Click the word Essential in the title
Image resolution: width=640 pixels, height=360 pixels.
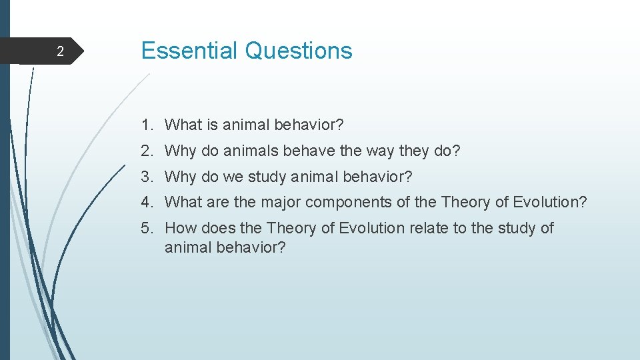pos(189,51)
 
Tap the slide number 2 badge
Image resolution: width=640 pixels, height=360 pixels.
pos(60,51)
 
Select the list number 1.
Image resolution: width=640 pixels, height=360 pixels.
pos(146,125)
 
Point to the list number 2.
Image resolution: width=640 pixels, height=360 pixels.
pos(146,151)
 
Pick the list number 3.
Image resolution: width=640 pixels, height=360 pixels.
pos(146,177)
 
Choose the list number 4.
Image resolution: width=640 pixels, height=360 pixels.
pos(146,202)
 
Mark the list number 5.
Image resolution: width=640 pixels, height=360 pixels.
pos(146,228)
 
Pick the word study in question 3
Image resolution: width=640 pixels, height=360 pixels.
pos(268,177)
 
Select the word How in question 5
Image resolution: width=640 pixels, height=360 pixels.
pos(179,228)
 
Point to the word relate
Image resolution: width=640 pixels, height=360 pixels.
pos(429,228)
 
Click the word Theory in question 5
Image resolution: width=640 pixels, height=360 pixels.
pos(291,229)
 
